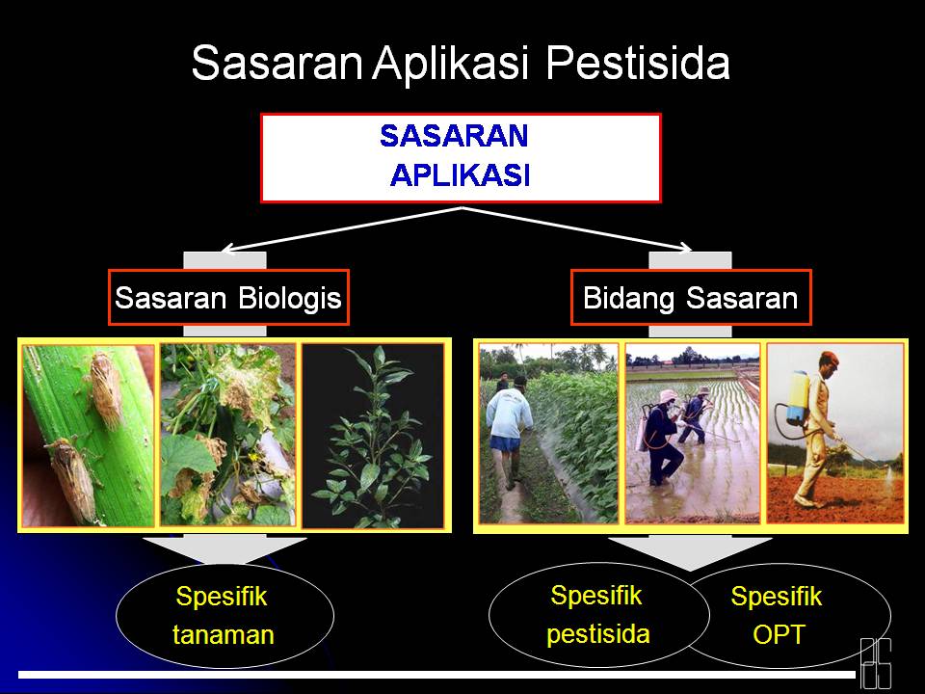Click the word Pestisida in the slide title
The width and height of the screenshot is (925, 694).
click(x=638, y=64)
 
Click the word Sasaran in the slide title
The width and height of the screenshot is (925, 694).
click(x=277, y=64)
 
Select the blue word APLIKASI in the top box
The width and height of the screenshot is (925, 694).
click(x=460, y=175)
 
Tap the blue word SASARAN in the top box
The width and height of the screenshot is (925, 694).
click(x=454, y=136)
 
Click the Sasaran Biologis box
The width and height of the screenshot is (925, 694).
click(x=227, y=298)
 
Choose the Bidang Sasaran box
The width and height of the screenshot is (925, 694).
click(x=690, y=298)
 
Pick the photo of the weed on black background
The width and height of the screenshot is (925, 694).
click(x=372, y=434)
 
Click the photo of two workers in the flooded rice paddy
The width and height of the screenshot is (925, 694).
click(x=692, y=434)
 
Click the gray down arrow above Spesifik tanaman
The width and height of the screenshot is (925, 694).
click(x=224, y=553)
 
